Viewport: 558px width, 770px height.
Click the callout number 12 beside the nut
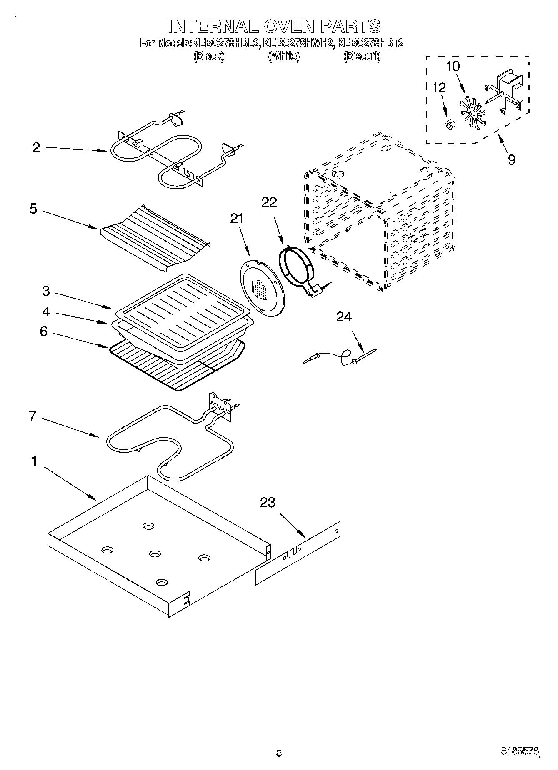439,88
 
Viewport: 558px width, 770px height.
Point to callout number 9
511,159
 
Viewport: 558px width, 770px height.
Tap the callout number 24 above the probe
344,317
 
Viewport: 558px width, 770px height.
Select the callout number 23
268,503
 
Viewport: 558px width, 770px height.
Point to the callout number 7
33,416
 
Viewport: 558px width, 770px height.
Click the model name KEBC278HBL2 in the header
225,43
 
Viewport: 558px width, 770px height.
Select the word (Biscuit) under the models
362,56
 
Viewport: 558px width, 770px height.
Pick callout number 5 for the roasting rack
33,209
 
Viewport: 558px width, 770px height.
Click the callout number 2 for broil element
36,147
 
